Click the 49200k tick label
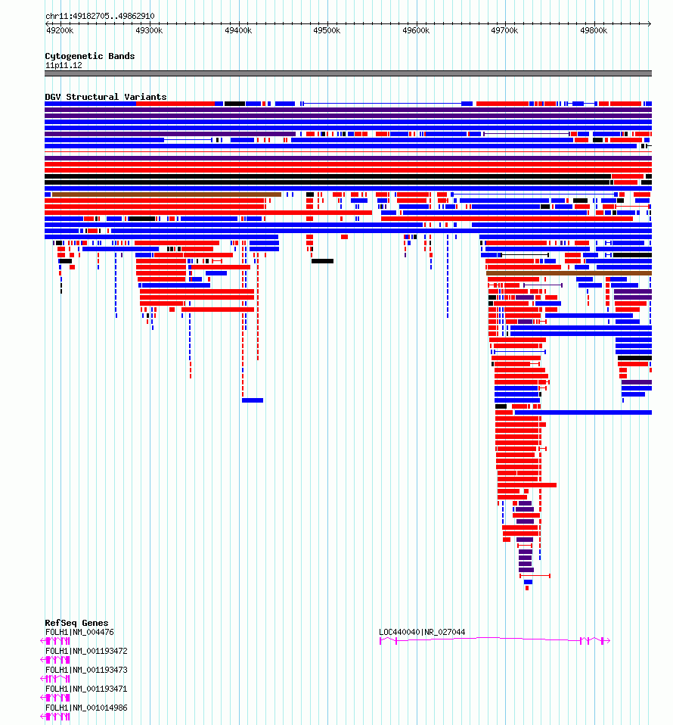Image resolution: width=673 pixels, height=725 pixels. tap(60, 30)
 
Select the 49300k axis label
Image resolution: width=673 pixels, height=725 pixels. tap(149, 30)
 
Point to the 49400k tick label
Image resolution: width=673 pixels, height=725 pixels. tap(238, 30)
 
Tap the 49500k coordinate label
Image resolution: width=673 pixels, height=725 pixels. tap(327, 30)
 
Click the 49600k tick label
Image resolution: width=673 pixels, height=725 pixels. tap(416, 30)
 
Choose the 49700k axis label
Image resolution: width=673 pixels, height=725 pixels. tap(504, 30)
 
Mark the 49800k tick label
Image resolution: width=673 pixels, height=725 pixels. tap(594, 30)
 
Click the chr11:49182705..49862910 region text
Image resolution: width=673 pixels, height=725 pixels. tap(100, 16)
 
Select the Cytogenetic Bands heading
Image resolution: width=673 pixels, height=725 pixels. tap(90, 56)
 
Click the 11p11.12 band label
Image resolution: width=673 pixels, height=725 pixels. tap(64, 66)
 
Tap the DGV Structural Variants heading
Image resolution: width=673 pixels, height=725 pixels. tap(105, 97)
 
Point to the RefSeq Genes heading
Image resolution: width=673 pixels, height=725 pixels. tap(76, 623)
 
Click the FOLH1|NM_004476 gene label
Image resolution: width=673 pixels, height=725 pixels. tap(79, 632)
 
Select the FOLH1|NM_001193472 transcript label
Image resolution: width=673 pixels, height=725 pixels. tap(86, 651)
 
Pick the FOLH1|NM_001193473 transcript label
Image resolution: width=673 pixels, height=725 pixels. tap(86, 670)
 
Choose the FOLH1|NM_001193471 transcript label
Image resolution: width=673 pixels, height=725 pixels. tap(86, 689)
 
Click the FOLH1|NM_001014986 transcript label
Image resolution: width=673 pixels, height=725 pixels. tap(86, 708)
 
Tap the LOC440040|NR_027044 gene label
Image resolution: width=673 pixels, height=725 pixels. tap(422, 632)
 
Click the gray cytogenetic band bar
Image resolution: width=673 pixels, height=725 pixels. tap(349, 73)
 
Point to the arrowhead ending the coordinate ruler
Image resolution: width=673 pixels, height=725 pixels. tap(650, 23)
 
